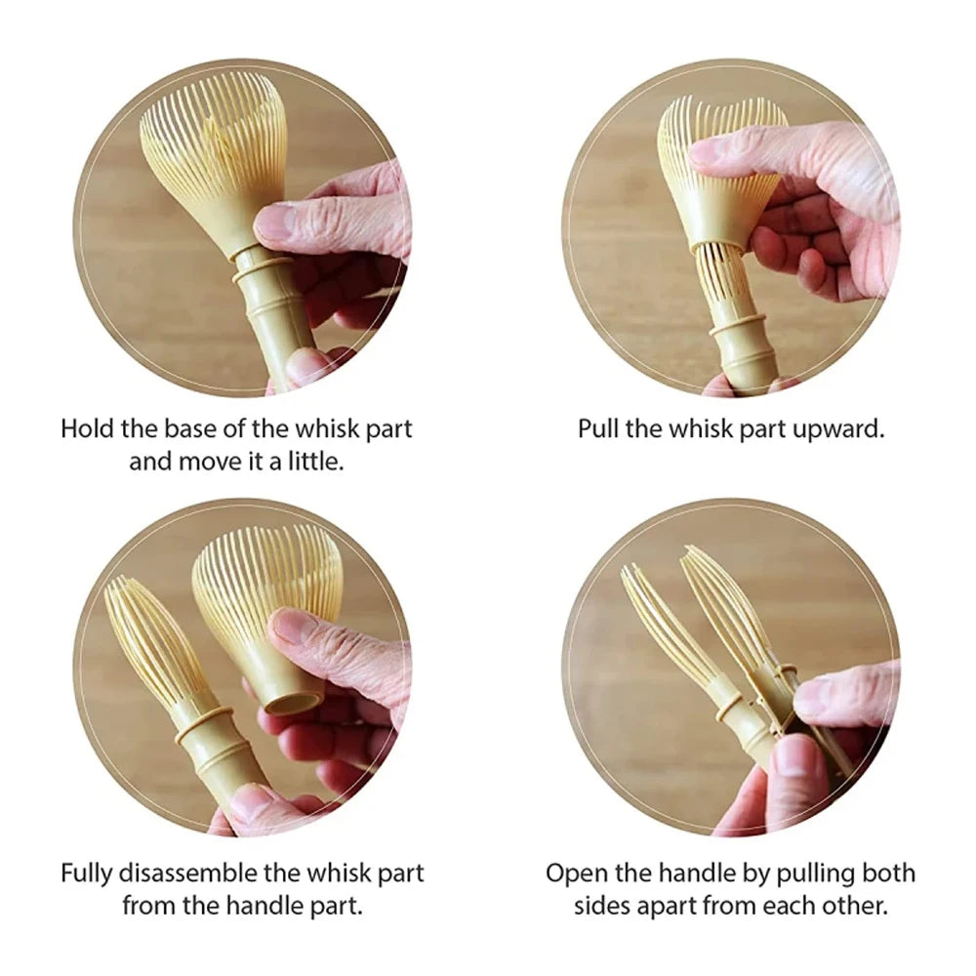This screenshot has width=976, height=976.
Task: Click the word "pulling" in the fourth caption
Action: [808, 874]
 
